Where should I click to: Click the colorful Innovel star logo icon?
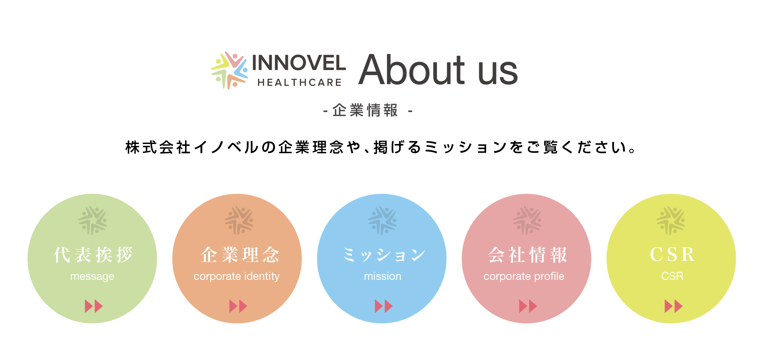[x=229, y=70]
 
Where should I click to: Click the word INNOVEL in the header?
[x=299, y=63]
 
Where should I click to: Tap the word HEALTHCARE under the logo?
[x=300, y=83]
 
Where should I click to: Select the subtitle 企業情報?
[x=365, y=110]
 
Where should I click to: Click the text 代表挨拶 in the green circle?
[x=93, y=255]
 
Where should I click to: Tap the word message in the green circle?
[x=92, y=276]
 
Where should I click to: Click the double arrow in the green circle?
[x=94, y=306]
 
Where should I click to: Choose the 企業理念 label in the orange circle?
[x=240, y=255]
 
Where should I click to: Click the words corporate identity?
[x=236, y=276]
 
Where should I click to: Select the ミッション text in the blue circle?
[x=384, y=255]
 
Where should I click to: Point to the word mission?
[x=383, y=276]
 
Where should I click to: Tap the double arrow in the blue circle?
[x=384, y=306]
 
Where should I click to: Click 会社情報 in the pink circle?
[x=528, y=255]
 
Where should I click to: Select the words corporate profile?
[x=524, y=276]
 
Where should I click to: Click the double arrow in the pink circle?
[x=528, y=306]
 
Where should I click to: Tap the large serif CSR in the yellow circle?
[x=672, y=254]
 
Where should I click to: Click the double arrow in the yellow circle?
[x=673, y=306]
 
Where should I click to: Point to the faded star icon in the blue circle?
[x=382, y=220]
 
